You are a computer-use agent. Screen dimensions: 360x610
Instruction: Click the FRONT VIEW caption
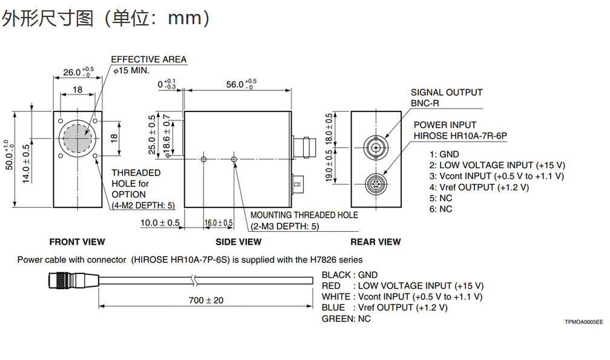point(77,242)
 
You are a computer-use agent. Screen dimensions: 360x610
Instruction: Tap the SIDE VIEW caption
point(238,242)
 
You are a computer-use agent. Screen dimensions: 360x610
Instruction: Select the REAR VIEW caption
point(375,242)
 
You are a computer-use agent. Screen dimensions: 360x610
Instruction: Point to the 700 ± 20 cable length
point(206,300)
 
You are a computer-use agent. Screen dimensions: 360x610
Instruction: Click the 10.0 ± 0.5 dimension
point(160,223)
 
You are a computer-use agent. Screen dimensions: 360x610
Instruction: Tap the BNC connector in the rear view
point(376,147)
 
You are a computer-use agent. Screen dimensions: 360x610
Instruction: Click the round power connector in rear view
point(376,182)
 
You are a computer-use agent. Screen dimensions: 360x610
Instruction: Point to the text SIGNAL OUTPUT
point(447,93)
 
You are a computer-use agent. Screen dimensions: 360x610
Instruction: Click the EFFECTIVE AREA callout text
point(149,59)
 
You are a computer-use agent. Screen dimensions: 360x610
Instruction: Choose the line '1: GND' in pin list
point(444,154)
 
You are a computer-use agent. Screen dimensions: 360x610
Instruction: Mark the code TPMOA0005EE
point(580,322)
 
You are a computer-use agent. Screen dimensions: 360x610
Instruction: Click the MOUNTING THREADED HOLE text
point(304,215)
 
